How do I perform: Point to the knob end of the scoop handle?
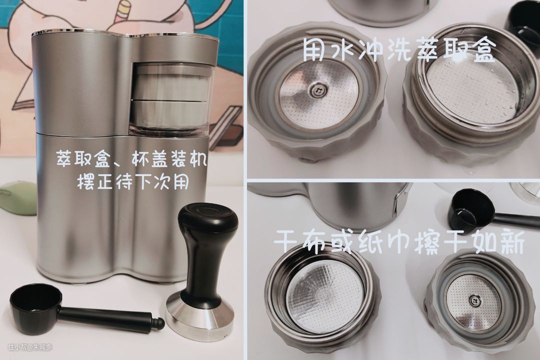(x=159, y=323)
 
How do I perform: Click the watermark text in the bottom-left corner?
(x=30, y=347)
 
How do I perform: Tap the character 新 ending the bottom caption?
(x=513, y=244)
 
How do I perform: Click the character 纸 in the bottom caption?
(x=372, y=244)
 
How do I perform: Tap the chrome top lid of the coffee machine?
(x=124, y=35)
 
